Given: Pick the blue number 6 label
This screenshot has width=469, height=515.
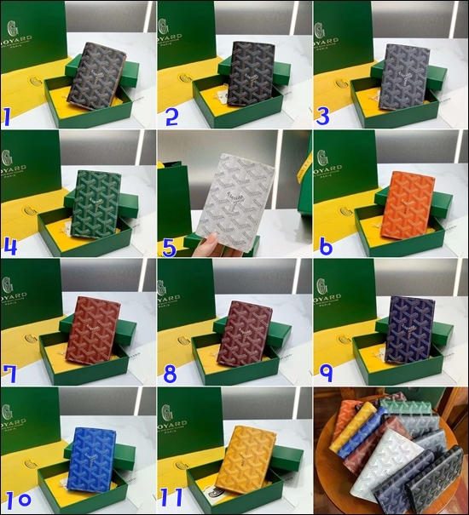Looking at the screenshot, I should click(x=326, y=246).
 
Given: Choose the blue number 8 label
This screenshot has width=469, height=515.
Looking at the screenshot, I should click(x=171, y=373).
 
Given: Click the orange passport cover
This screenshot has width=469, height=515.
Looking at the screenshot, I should click(x=408, y=204).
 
